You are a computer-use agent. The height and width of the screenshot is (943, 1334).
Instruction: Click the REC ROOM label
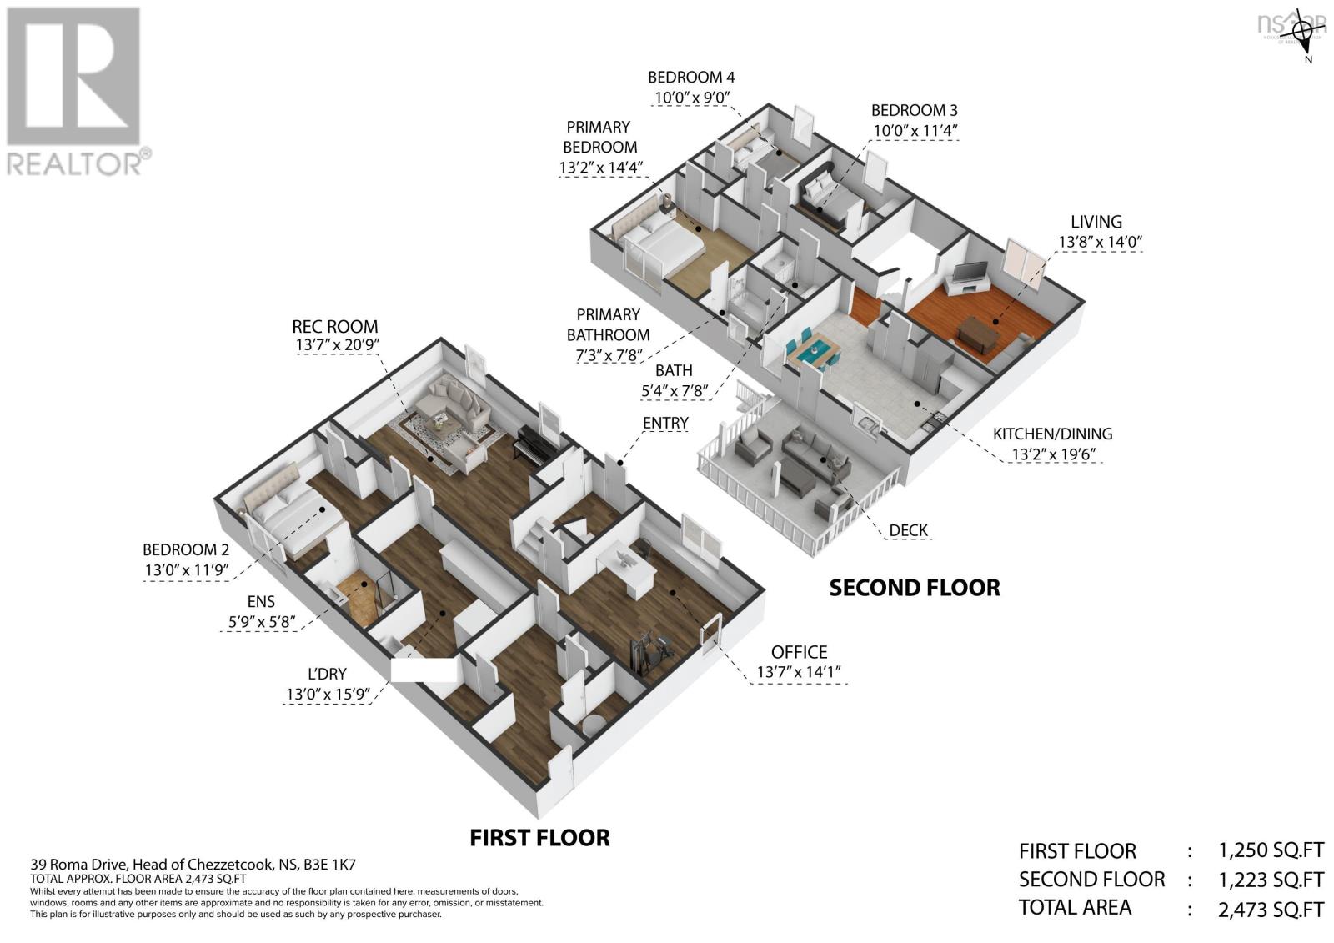334,327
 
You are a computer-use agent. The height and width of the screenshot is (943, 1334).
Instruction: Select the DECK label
908,530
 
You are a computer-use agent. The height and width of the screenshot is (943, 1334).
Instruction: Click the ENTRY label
665,424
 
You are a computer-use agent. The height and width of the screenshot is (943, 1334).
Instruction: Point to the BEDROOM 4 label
691,78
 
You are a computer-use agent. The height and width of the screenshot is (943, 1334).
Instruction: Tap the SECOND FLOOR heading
914,588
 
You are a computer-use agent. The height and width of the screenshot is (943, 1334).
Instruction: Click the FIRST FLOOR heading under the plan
539,837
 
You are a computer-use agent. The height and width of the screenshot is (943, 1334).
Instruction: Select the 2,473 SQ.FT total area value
1270,908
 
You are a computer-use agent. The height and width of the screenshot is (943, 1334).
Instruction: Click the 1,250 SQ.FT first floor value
1270,851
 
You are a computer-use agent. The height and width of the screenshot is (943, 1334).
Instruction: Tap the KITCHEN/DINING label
1051,434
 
